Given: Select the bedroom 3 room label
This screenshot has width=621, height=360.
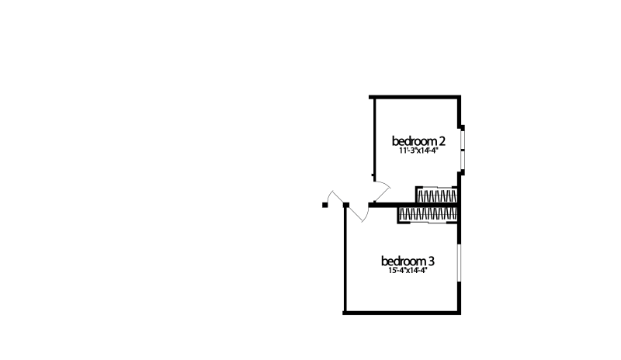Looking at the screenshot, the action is point(408,260).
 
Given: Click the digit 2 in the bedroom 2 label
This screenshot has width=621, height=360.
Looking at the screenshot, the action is point(442,141).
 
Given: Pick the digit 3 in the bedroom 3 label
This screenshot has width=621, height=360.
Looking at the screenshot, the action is point(432,260).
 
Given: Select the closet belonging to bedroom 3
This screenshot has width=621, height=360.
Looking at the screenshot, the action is point(429,214).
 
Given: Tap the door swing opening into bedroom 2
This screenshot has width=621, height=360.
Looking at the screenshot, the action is point(382,190).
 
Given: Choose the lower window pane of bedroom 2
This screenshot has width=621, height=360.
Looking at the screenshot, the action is point(461,158).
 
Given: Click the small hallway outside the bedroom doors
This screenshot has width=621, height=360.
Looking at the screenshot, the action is point(334,213).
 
